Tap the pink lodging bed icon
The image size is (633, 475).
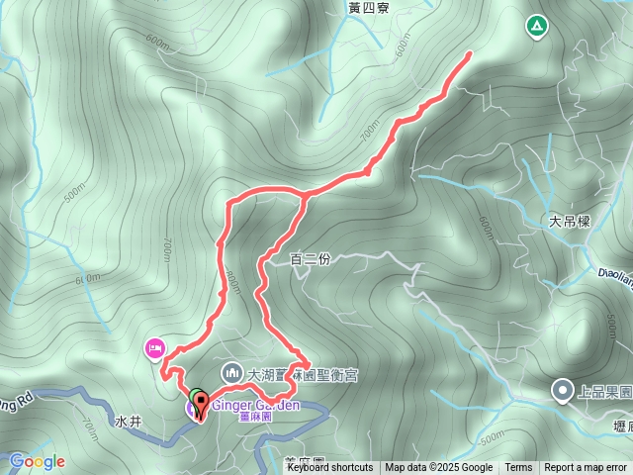pos(154,347)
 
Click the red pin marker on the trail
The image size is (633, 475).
pos(202,404)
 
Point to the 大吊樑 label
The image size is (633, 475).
pos(570,222)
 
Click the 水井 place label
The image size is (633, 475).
pos(129,422)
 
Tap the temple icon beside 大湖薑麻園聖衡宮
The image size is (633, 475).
pos(231,372)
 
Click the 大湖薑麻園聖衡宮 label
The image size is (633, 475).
pos(303,375)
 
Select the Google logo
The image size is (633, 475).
pos(38,461)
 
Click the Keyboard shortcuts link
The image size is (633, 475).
pos(330,468)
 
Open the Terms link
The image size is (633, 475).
pos(518,468)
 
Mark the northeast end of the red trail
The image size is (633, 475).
pos(468,52)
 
